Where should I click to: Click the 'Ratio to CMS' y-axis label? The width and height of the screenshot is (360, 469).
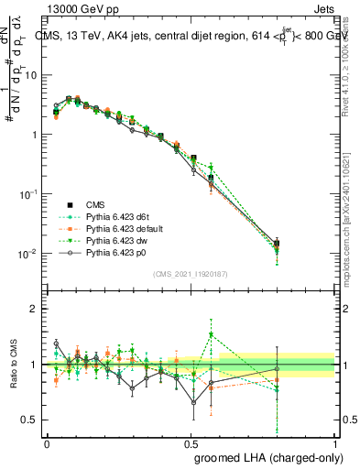pyautogui.click(x=11, y=364)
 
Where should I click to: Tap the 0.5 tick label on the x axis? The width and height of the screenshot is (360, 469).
pyautogui.click(x=191, y=442)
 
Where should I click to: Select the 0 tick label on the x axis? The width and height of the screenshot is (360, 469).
pyautogui.click(x=47, y=442)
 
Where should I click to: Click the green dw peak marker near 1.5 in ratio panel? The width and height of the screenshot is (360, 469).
pyautogui.click(x=211, y=334)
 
